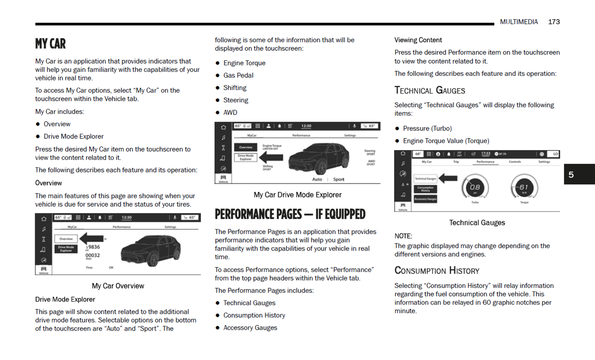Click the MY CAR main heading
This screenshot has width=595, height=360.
coord(50,44)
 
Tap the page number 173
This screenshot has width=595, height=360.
coord(554,22)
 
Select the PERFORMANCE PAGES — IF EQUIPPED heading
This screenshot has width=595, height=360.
coord(290,214)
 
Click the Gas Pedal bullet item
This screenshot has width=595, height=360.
coord(238,75)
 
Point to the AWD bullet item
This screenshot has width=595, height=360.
coord(230,112)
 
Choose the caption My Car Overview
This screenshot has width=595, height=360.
coord(118,286)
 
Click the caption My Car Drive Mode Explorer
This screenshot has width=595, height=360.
coord(297,195)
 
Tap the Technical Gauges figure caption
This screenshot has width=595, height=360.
coord(477,222)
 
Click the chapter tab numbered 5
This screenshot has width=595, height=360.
coord(571,174)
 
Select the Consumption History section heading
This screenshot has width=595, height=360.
coord(437,270)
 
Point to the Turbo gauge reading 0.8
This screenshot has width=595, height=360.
coord(475,187)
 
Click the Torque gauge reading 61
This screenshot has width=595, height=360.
coord(524,187)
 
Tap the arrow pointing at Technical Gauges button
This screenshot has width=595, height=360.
coord(448,178)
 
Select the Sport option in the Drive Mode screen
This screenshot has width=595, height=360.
coord(338,179)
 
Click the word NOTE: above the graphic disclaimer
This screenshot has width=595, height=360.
coord(403,236)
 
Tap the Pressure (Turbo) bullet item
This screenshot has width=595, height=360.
coord(427,128)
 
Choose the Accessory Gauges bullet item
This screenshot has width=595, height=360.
coord(250,328)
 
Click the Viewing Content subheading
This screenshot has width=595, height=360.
coord(418,40)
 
